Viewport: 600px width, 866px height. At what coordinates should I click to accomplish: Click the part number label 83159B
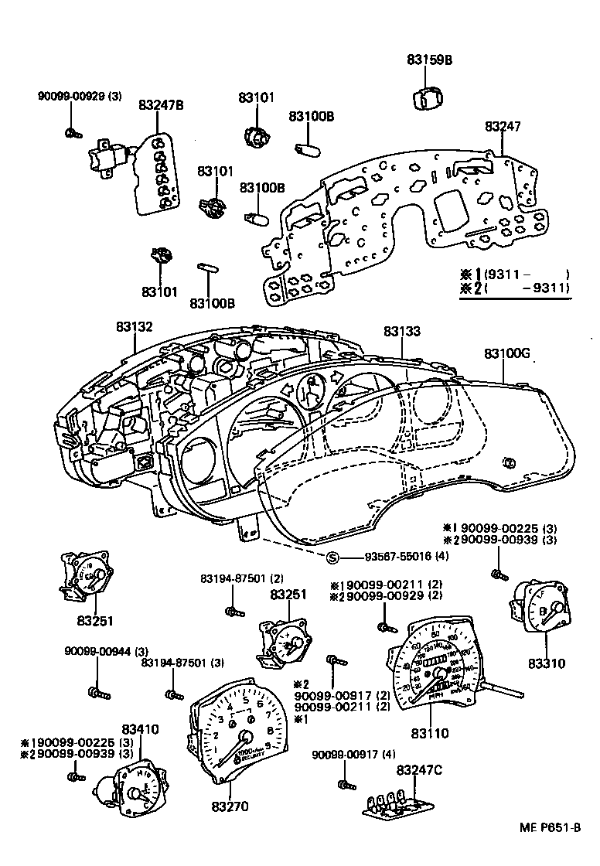coord(429,60)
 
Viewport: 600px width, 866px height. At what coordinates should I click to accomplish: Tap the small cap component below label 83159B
coord(426,100)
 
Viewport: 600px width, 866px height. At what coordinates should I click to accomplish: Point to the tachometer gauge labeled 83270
coord(232,730)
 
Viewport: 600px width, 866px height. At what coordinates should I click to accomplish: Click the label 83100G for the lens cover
coord(507,353)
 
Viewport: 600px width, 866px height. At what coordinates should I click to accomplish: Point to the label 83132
coord(135,327)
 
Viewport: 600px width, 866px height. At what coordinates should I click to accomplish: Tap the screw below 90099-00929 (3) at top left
coord(72,133)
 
